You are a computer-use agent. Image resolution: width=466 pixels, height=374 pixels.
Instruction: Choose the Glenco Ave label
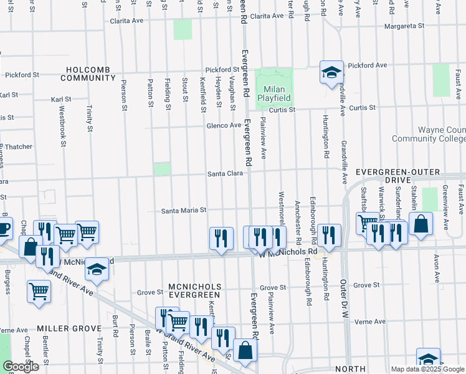click(x=224, y=125)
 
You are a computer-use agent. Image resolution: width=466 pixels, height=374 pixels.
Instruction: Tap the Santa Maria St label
click(x=183, y=211)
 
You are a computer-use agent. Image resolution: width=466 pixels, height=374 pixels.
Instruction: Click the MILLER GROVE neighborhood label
click(x=69, y=328)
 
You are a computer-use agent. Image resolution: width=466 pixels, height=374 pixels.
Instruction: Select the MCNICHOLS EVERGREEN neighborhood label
click(x=194, y=290)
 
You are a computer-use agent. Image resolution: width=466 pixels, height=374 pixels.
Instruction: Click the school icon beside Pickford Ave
click(x=331, y=72)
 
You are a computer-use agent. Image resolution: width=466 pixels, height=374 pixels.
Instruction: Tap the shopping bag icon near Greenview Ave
click(x=421, y=225)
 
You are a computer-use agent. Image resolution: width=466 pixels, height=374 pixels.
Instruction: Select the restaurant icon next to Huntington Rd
click(x=330, y=235)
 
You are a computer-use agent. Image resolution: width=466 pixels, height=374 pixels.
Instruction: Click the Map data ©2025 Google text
click(x=427, y=369)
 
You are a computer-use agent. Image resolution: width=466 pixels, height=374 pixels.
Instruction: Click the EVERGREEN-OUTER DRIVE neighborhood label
click(x=406, y=176)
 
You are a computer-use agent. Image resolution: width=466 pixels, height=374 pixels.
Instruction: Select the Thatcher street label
click(x=18, y=147)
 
